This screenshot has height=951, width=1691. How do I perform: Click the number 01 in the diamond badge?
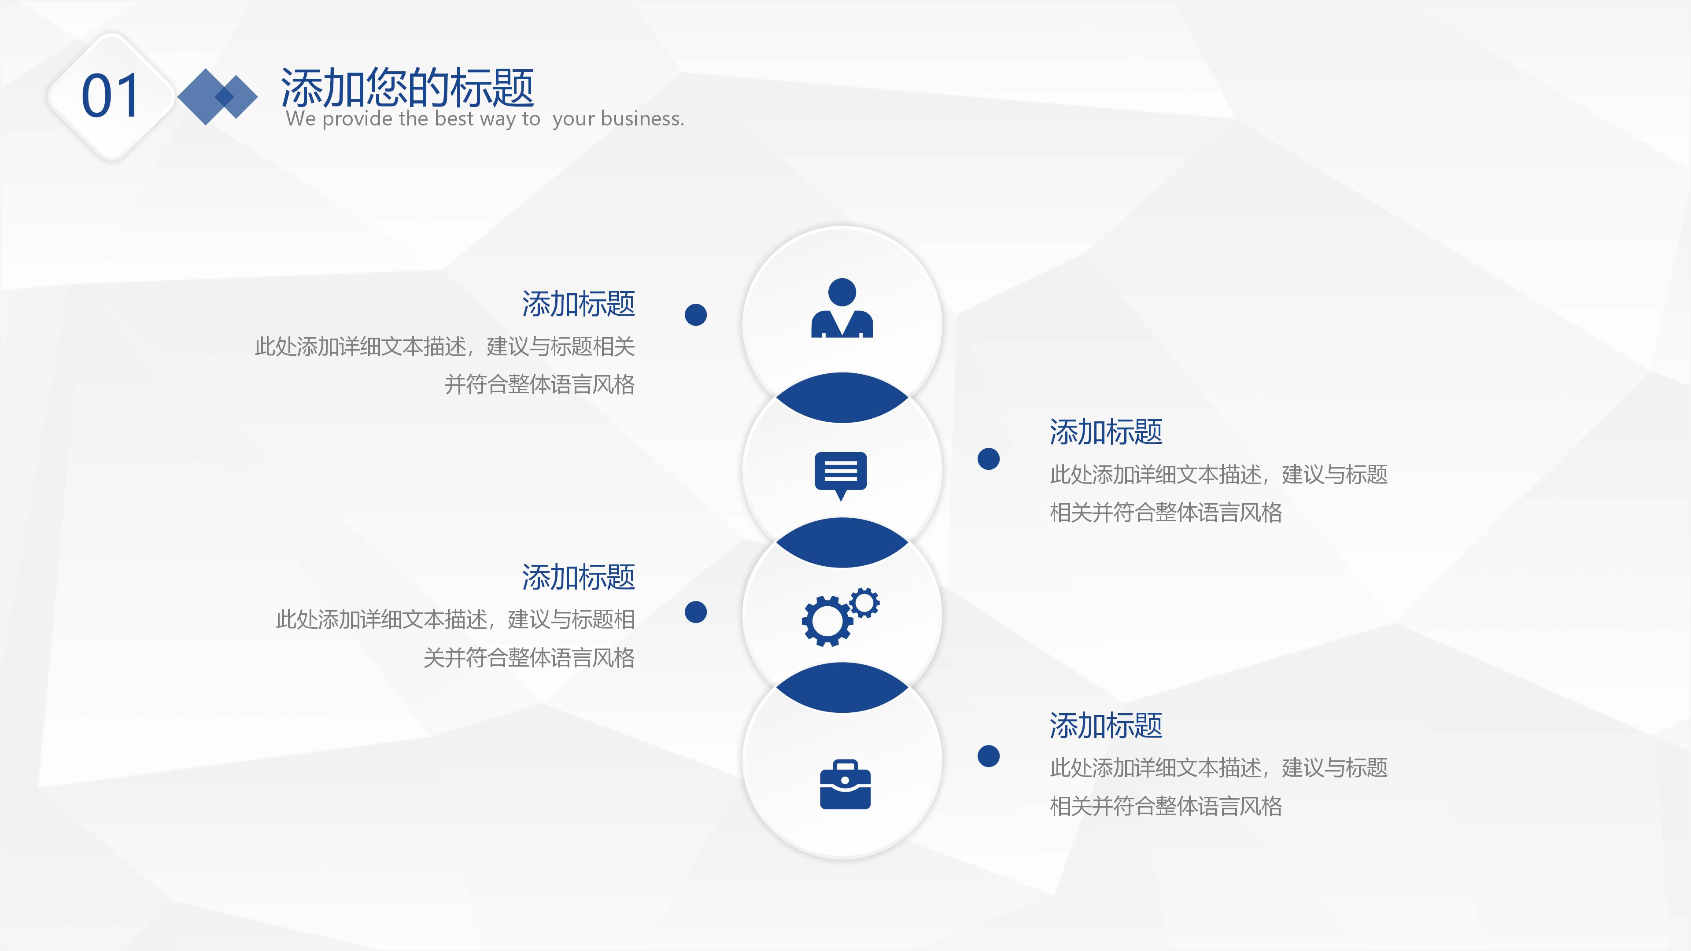tap(110, 96)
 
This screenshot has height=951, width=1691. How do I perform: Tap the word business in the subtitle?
tap(640, 119)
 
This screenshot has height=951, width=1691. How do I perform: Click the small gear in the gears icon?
tap(864, 602)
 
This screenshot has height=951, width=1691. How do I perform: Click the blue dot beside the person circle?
tap(696, 314)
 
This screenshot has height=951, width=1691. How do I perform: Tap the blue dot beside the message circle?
tap(989, 459)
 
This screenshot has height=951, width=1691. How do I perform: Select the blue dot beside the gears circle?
tap(696, 612)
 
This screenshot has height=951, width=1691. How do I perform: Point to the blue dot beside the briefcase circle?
tap(989, 756)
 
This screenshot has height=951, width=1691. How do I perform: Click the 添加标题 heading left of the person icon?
tap(578, 304)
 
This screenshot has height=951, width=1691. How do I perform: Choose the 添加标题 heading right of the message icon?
tap(1106, 432)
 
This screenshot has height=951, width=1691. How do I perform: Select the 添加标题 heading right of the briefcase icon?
tap(1106, 725)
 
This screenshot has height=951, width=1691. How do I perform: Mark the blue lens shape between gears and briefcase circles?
tap(842, 687)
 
